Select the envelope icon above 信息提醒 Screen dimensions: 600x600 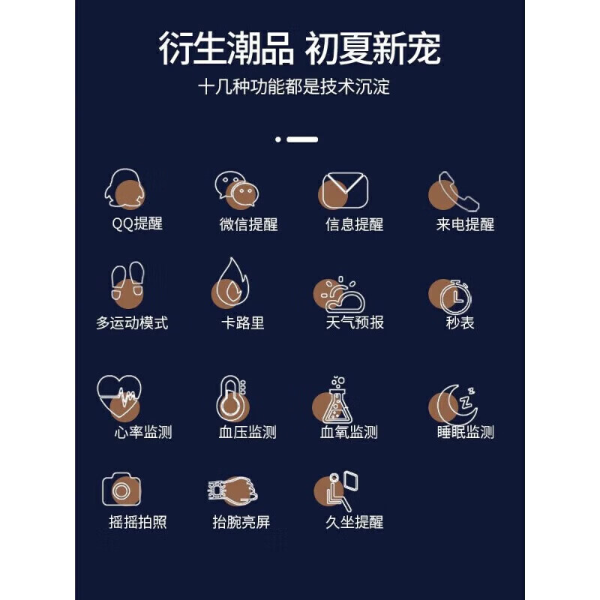[x=344, y=190]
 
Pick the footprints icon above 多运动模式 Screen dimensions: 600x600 [x=127, y=286]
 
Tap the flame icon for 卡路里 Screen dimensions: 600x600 [x=230, y=285]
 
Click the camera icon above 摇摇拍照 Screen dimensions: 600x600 [x=121, y=489]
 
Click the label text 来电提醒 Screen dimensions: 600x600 [x=465, y=224]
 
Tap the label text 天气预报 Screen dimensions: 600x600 [x=354, y=322]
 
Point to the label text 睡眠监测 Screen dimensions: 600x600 [x=465, y=432]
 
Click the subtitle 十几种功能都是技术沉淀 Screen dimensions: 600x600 [x=294, y=86]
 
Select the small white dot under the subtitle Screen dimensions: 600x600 [x=278, y=139]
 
